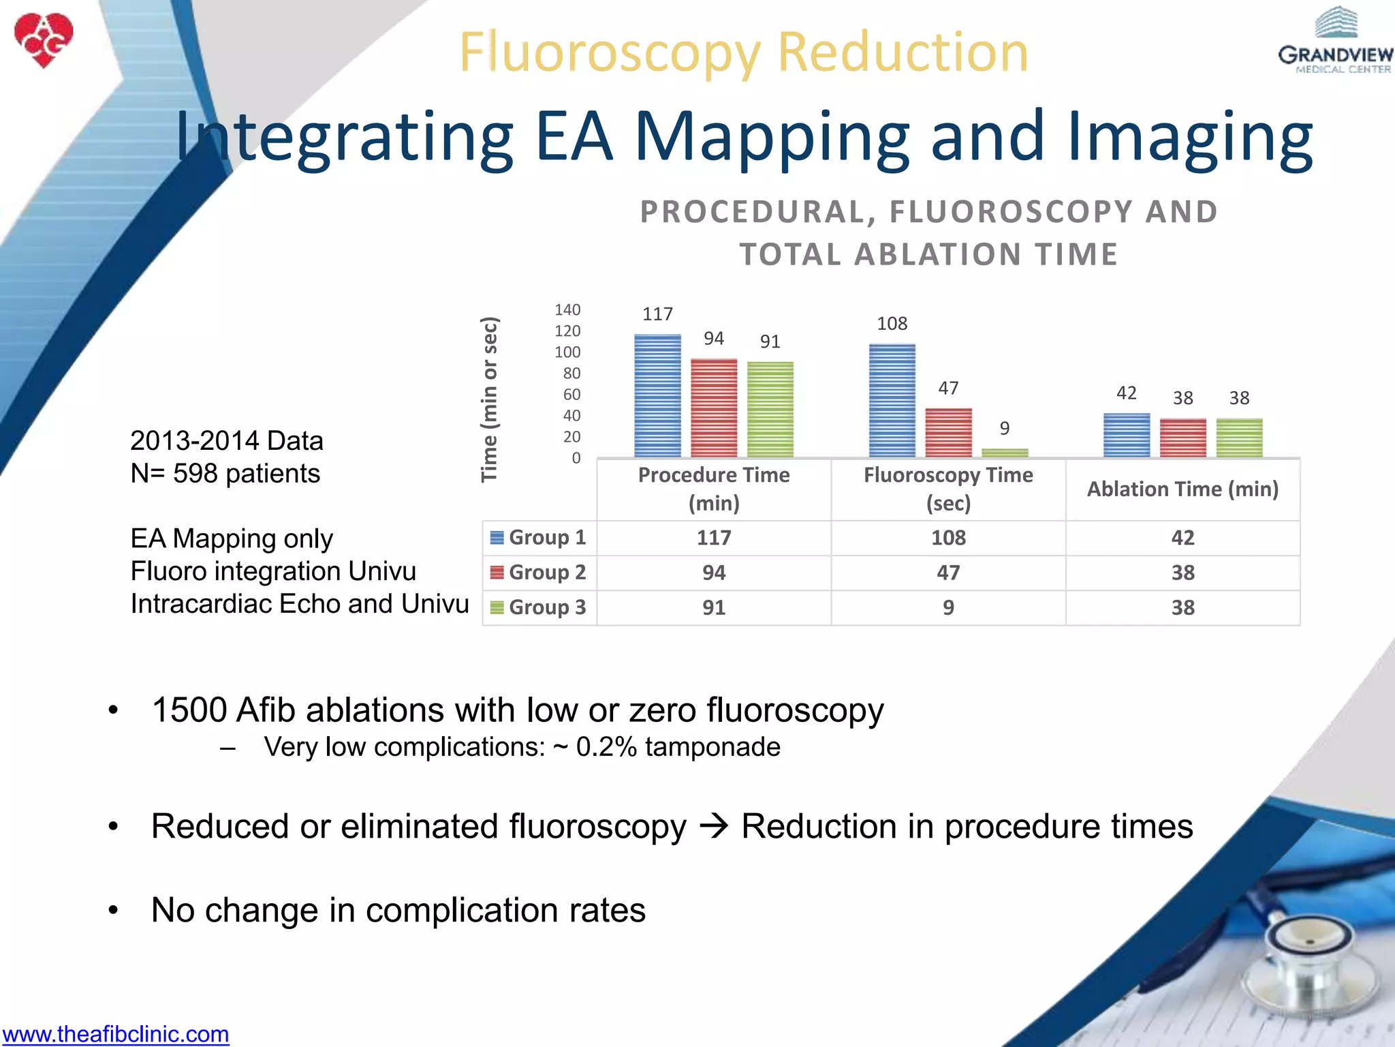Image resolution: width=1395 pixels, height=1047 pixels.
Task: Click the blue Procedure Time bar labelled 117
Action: [657, 395]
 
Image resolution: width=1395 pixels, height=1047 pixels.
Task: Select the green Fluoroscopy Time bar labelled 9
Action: [1005, 453]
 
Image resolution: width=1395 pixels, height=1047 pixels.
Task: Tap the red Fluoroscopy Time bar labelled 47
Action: [948, 433]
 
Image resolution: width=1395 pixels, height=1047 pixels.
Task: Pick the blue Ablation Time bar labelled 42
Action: [1126, 435]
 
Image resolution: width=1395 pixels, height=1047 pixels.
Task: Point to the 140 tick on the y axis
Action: [567, 310]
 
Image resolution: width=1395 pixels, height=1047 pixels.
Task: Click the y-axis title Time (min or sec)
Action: [490, 399]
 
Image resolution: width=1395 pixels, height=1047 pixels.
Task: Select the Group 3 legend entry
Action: [539, 607]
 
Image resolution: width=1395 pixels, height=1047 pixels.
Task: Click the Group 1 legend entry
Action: [539, 538]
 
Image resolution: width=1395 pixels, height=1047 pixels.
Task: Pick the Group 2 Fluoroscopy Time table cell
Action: [948, 573]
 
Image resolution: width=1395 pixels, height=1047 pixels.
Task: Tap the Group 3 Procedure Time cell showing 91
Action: [714, 607]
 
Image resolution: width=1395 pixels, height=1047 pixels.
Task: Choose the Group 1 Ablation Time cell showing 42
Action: [1182, 538]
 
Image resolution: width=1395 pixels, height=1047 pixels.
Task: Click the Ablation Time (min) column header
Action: [1182, 489]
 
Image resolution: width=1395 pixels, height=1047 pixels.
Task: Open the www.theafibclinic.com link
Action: [116, 1034]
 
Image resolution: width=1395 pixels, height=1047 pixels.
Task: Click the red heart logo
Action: [44, 40]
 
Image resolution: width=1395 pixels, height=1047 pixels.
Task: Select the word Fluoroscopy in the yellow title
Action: [610, 53]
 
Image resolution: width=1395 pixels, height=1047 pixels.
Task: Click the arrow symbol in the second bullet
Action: [714, 827]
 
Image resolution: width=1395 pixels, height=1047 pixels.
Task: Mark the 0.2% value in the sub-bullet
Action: [606, 747]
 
